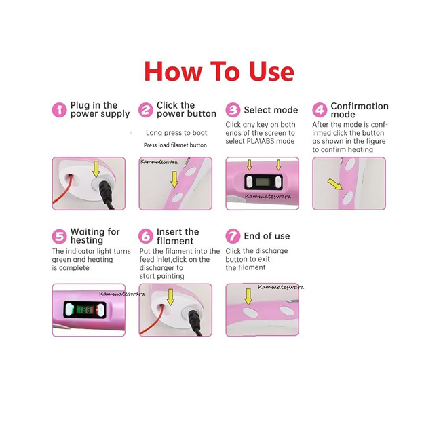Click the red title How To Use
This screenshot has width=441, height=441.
(219, 71)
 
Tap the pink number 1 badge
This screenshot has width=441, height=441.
(60, 110)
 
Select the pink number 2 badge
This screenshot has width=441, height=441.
(145, 110)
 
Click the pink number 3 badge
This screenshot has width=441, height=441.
(233, 110)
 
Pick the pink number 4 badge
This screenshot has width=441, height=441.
(320, 110)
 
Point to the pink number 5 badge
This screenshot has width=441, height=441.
(60, 236)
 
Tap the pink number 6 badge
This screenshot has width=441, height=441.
(145, 236)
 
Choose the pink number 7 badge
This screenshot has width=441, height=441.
(233, 236)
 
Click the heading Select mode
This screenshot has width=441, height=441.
(271, 110)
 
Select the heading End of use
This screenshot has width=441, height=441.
(267, 236)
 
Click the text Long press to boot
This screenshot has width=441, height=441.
(176, 133)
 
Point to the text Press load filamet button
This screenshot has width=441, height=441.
(175, 145)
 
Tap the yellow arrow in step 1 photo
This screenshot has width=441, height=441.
(96, 169)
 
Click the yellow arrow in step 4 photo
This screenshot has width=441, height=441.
(334, 184)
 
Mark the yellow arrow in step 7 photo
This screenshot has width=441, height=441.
(248, 296)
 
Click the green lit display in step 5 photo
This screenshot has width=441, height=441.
(83, 310)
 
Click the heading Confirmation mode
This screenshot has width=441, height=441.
(359, 110)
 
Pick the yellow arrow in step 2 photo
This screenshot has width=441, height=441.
(174, 179)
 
